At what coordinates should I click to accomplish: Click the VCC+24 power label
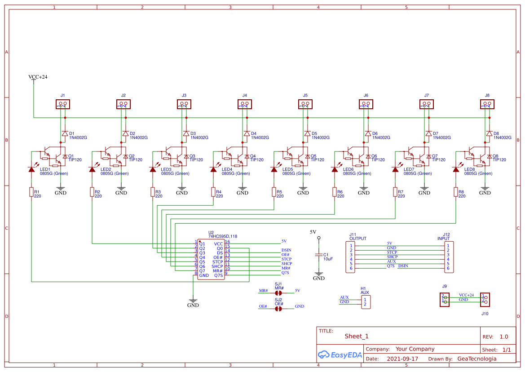pos(38,77)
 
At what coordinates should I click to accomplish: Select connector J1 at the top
pos(63,104)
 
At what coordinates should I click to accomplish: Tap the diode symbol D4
pos(247,133)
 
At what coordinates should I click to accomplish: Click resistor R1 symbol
pos(31,192)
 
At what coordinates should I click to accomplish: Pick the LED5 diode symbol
pos(274,169)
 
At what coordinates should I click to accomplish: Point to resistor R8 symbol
pos(456,192)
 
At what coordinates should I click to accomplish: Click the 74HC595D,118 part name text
pos(223,236)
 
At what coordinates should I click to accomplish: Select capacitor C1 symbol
pos(319,255)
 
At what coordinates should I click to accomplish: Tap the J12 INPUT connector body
pos(448,257)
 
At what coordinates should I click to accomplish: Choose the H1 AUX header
pos(366,302)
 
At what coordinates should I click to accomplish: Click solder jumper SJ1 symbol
pos(278,291)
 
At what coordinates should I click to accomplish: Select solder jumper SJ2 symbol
pos(278,309)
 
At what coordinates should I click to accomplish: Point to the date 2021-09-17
pos(402,359)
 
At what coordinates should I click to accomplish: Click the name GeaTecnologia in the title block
pos(476,359)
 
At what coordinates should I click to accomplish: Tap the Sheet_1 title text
pos(357,337)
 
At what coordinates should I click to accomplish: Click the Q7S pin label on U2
pos(218,275)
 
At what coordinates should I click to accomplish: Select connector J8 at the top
pos(487,104)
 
